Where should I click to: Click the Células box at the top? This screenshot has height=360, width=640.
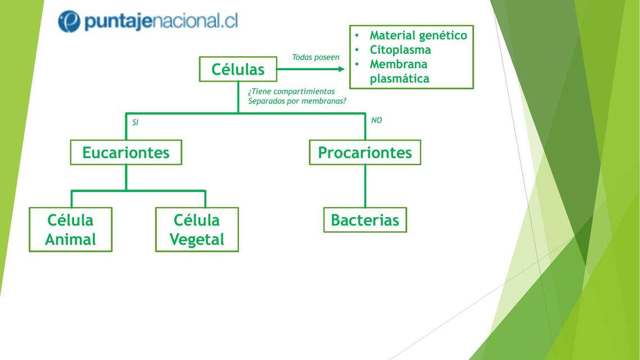[238, 69]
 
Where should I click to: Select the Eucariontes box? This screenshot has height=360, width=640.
[126, 152]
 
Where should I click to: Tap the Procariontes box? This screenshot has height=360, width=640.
[365, 152]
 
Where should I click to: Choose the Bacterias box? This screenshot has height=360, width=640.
[365, 220]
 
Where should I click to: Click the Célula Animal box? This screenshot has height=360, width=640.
[70, 229]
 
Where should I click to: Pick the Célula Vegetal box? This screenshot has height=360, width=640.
[197, 229]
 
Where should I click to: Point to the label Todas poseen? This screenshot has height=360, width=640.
[316, 57]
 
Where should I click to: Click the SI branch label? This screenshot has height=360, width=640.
[135, 122]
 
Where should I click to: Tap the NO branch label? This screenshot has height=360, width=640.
[377, 120]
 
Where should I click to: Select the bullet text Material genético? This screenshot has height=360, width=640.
[418, 35]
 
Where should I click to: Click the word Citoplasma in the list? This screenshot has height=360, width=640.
[400, 49]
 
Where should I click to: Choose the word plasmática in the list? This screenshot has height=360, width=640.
[399, 79]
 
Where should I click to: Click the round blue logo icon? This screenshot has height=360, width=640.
[69, 21]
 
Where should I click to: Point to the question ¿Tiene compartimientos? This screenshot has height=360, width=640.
[291, 92]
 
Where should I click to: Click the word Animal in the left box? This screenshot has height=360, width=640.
[70, 240]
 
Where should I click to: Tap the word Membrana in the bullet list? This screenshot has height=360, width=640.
[398, 64]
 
